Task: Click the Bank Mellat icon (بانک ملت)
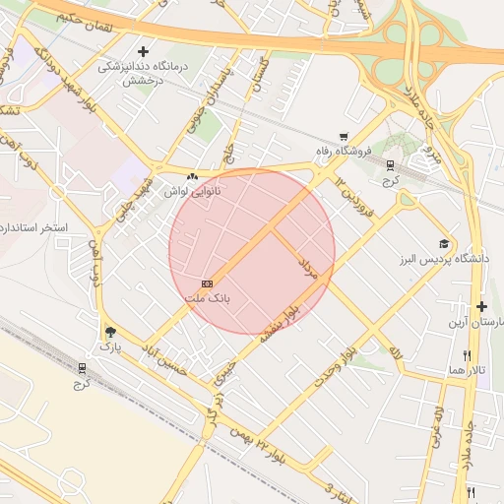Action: [x=207, y=283]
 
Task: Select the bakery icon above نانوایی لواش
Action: [x=191, y=177]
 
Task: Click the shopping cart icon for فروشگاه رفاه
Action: [x=343, y=137]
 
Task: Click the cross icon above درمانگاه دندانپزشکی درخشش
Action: [x=145, y=51]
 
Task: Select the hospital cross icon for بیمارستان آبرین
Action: [x=481, y=307]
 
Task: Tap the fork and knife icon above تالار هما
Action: [x=467, y=355]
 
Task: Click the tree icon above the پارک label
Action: [x=109, y=332]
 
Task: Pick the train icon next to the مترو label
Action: [x=391, y=165]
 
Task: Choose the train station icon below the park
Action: [x=81, y=368]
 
